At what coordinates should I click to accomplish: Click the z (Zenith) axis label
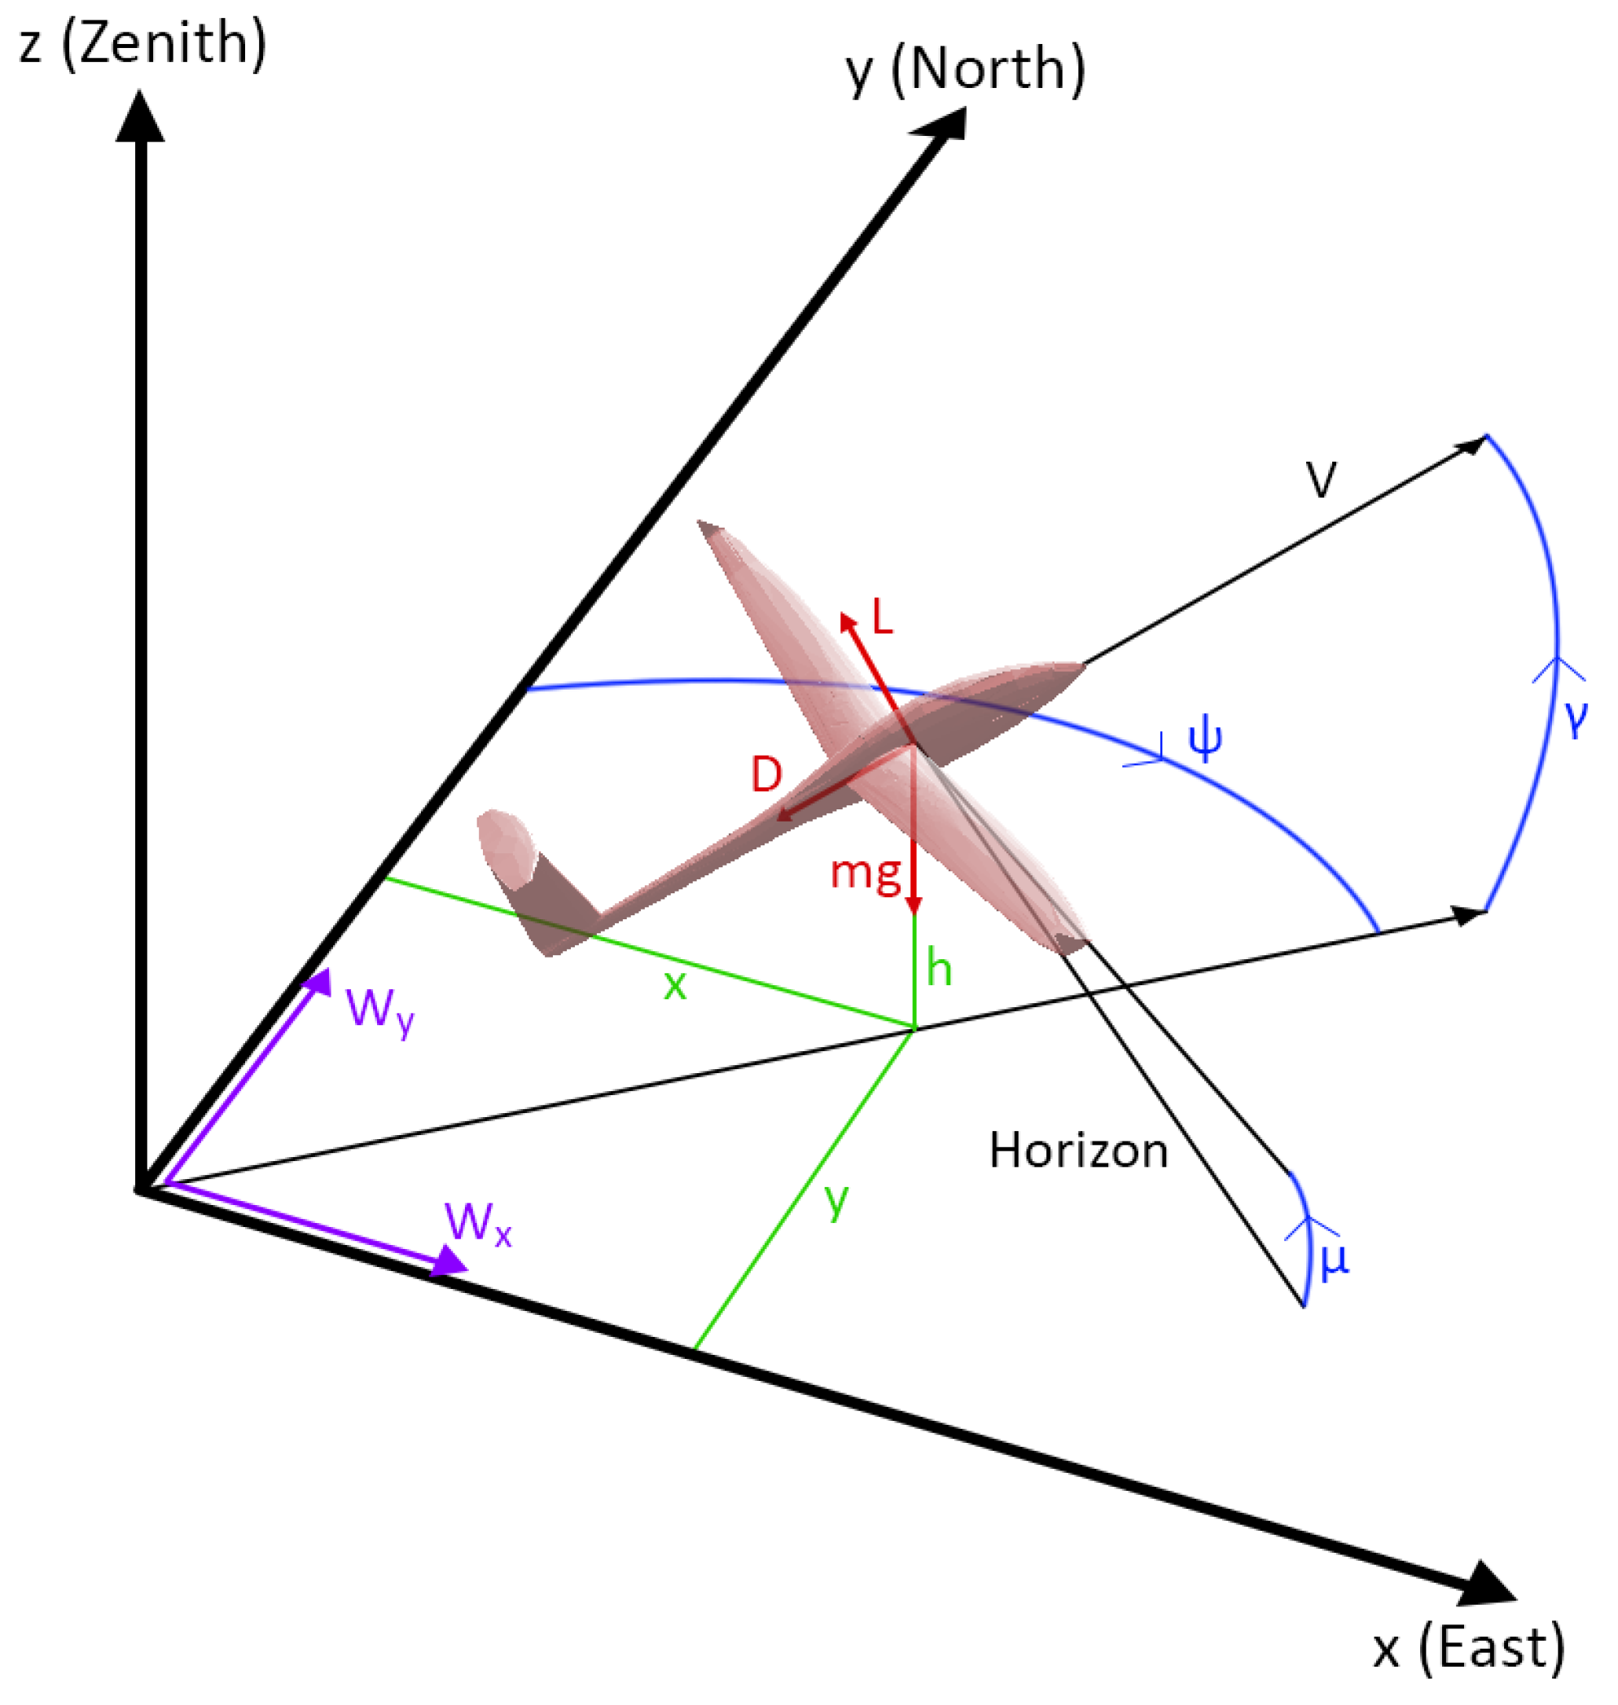143,43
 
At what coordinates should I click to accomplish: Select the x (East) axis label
1468,1648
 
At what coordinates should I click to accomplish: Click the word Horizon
1078,1151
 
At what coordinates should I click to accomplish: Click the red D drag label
766,774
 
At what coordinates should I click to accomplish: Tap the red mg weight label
865,874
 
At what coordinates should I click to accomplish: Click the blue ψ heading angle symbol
1205,739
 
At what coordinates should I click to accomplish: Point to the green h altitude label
938,967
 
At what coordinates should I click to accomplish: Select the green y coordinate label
835,1199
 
